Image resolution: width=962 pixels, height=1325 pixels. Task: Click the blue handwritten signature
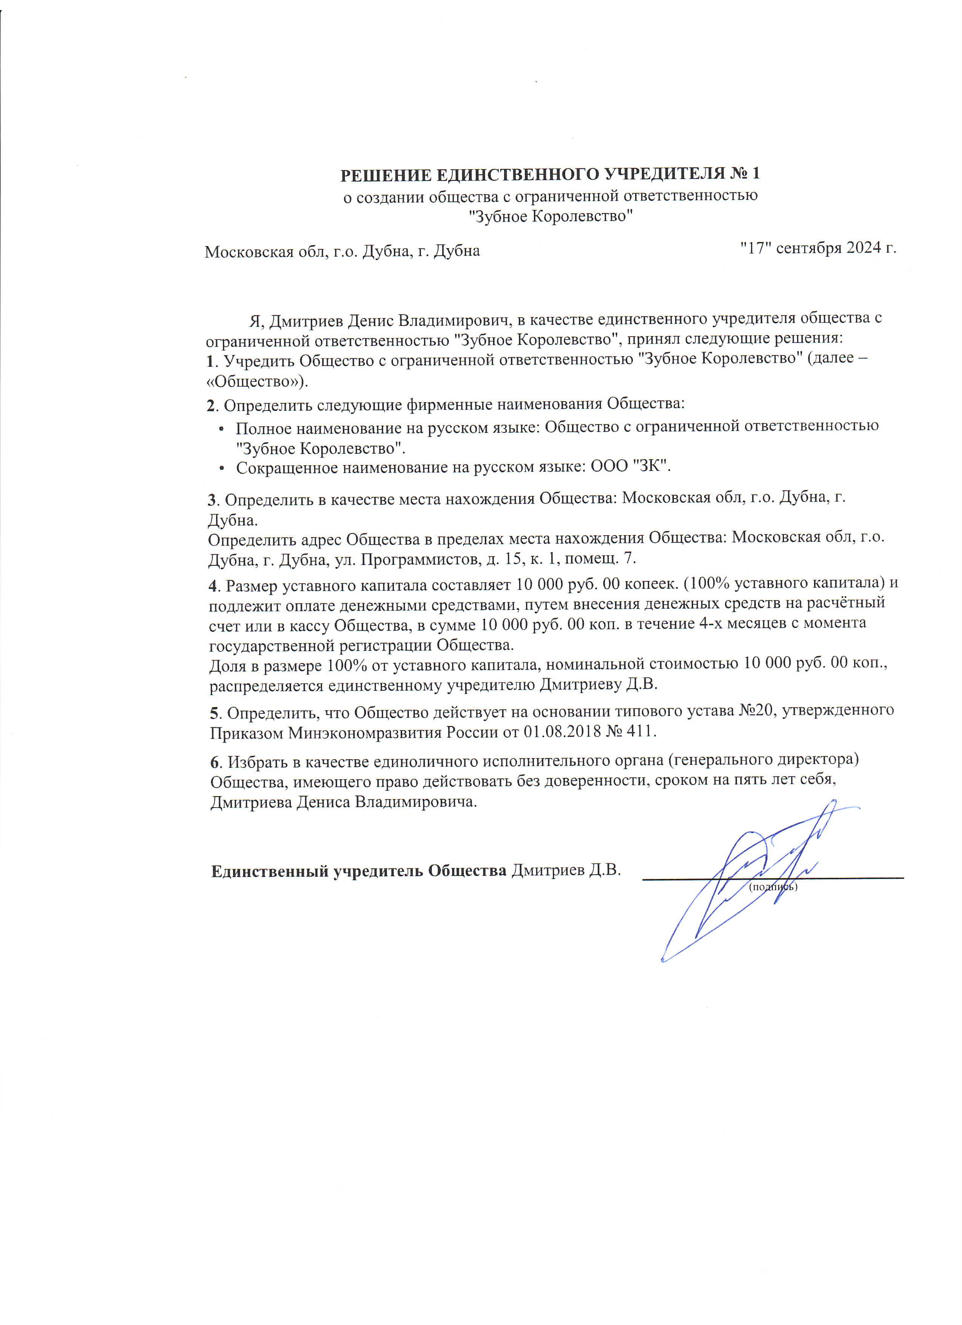(x=754, y=876)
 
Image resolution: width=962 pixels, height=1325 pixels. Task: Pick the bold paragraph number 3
(x=213, y=499)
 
